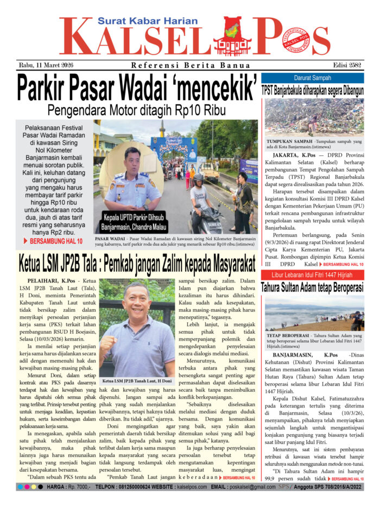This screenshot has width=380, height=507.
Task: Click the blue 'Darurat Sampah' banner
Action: coord(313,78)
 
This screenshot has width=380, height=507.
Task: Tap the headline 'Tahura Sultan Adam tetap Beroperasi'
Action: coord(313,286)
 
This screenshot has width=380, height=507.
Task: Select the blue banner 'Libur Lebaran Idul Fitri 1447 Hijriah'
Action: coord(313,274)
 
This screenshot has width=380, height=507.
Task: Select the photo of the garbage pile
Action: coord(313,117)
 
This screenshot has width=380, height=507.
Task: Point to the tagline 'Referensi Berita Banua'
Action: coord(190,66)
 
